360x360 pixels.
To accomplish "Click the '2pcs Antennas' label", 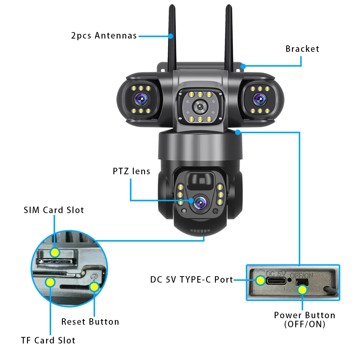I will click(104, 36).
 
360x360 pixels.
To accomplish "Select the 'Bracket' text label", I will click(302, 49).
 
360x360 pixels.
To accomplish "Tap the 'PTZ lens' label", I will click(131, 171).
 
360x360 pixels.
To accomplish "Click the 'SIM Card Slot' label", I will click(54, 210).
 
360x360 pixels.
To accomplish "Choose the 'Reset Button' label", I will click(90, 321).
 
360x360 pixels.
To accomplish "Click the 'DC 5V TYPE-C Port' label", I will click(192, 279).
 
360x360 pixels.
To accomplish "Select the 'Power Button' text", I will click(305, 315).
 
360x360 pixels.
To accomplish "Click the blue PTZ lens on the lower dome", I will click(199, 204).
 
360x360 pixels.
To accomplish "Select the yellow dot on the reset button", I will click(94, 287).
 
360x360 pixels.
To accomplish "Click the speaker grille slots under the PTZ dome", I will click(199, 231).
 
